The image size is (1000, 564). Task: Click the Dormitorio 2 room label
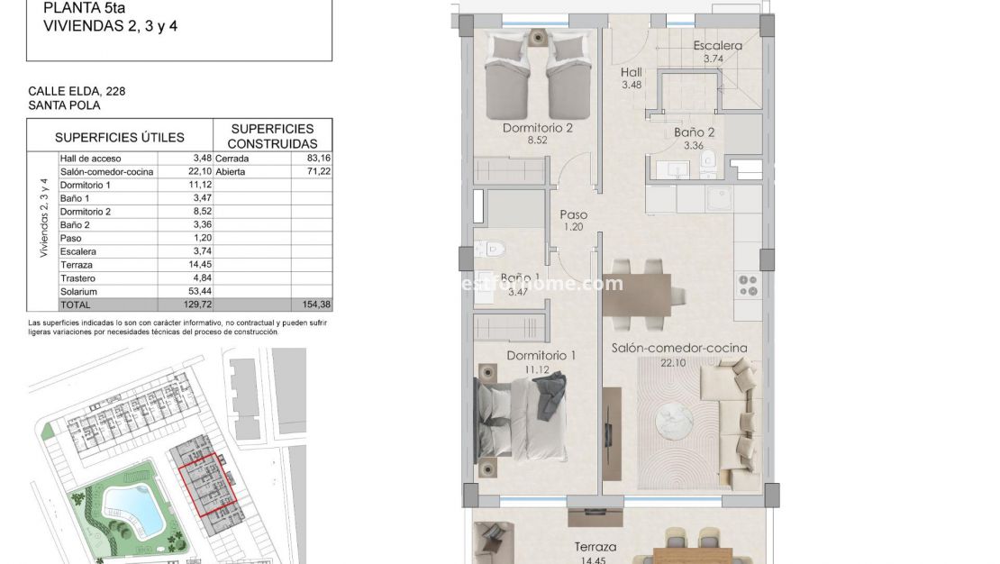point(538,128)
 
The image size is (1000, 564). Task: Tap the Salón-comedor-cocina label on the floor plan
point(678,348)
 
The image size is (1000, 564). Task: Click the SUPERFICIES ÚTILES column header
point(119,138)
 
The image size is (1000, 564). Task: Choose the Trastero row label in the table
point(78,278)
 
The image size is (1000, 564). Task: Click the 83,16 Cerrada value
point(318,159)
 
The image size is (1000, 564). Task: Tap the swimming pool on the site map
point(131,509)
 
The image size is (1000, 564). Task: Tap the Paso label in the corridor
point(573,215)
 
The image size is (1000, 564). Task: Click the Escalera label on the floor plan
point(717,46)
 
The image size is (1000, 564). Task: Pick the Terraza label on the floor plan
point(595,547)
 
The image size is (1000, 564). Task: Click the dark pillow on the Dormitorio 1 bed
point(550,396)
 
